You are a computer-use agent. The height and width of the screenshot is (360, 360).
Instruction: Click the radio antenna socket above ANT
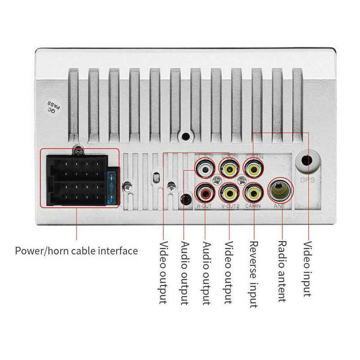(x=280, y=191)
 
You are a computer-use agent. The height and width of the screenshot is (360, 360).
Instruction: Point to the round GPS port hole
(x=308, y=161)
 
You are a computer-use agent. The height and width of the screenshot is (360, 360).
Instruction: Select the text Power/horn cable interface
(x=76, y=250)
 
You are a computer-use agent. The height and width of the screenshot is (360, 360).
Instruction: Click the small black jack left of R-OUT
(x=184, y=198)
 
